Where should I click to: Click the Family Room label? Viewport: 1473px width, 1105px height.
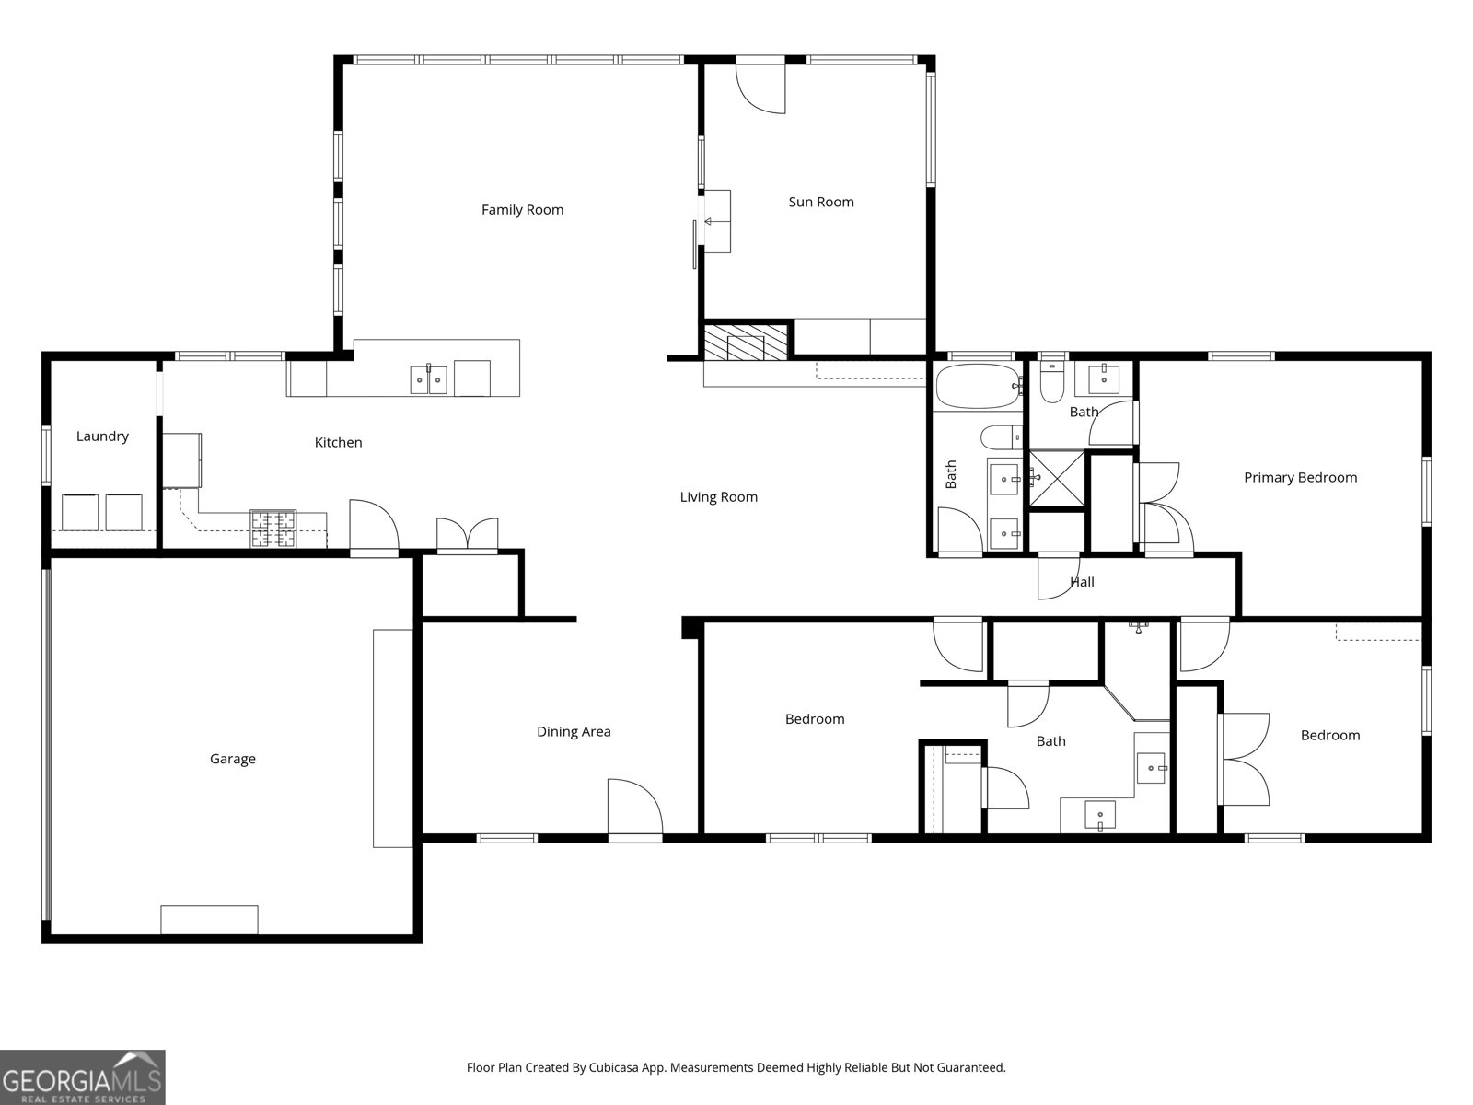pyautogui.click(x=522, y=210)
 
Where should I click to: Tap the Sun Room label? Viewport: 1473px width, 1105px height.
pyautogui.click(x=821, y=202)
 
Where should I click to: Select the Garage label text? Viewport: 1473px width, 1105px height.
pyautogui.click(x=232, y=759)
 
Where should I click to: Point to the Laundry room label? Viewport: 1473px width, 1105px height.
pyautogui.click(x=102, y=436)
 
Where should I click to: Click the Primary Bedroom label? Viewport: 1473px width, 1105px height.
pyautogui.click(x=1300, y=477)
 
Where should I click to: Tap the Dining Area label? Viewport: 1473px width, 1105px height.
pyautogui.click(x=574, y=732)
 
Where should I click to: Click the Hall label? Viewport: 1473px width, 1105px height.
pyautogui.click(x=1082, y=582)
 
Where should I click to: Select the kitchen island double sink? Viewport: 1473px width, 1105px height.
pyautogui.click(x=428, y=378)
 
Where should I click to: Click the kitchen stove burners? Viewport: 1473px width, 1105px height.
pyautogui.click(x=273, y=529)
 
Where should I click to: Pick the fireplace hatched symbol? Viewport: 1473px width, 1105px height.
pyautogui.click(x=747, y=340)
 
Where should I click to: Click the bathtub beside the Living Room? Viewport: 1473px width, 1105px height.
pyautogui.click(x=978, y=387)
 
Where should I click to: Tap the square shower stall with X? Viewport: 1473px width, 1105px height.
pyautogui.click(x=1056, y=478)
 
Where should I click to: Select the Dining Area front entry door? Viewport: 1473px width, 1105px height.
pyautogui.click(x=634, y=808)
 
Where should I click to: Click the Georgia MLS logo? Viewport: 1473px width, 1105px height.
pyautogui.click(x=83, y=1077)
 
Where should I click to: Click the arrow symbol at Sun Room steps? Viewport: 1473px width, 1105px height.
pyautogui.click(x=709, y=221)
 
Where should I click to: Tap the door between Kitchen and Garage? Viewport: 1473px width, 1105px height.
pyautogui.click(x=373, y=528)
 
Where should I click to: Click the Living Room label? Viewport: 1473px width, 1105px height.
pyautogui.click(x=718, y=497)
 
